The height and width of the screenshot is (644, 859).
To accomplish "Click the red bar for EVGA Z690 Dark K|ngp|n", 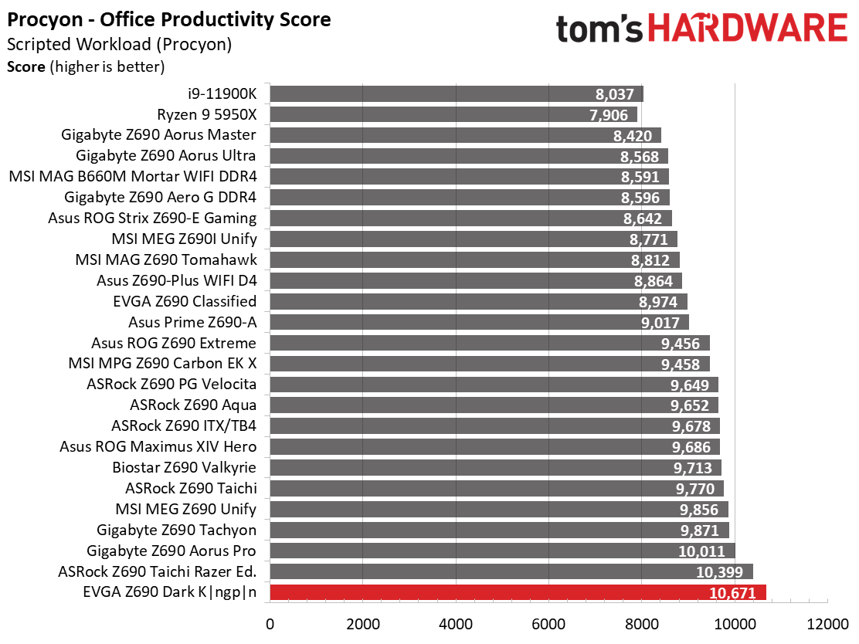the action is coord(518,592).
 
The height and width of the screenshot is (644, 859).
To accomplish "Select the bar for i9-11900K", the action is coord(457,93).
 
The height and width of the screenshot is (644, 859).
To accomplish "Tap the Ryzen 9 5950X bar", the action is coord(453,114).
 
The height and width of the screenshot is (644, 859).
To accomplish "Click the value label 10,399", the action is coord(719,572).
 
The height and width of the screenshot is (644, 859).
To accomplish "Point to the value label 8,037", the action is coord(614,94).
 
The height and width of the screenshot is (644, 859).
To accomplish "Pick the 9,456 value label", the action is coord(681,344).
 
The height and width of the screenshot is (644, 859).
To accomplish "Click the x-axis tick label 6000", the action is coord(549,624).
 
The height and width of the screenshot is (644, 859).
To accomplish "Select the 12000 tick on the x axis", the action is coord(827,624).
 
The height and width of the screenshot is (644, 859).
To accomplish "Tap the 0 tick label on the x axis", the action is coord(270,624).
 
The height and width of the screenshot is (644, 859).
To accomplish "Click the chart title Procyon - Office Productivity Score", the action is coord(168,20).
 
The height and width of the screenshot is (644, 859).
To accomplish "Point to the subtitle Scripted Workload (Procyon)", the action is coord(120,44).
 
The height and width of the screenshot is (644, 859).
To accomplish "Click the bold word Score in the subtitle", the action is coord(26,67).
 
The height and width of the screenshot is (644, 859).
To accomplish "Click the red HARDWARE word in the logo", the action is coord(748,29).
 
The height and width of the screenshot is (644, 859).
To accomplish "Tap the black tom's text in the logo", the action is coord(599,29).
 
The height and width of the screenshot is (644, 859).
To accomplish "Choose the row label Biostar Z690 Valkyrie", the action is coord(184,468).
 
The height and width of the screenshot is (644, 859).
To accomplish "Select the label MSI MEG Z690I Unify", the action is coord(184,239).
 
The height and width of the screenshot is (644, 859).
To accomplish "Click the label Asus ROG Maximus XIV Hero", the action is coord(158,447).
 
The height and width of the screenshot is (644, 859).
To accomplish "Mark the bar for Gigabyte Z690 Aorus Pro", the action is coord(502,551).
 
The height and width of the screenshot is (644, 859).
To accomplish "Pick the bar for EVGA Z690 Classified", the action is coord(478,302).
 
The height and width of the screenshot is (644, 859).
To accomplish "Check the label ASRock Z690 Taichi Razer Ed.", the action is coord(158,571).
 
